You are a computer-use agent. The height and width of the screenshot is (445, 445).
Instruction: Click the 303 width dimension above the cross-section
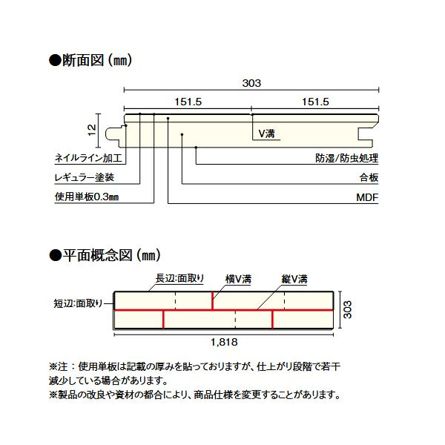[251, 83]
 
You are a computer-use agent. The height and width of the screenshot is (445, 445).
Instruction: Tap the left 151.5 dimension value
[188, 102]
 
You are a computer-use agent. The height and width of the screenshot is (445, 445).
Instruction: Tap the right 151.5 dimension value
[315, 102]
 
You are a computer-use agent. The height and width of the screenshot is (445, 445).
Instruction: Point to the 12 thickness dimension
[92, 131]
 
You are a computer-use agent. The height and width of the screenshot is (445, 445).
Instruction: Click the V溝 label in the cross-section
[266, 133]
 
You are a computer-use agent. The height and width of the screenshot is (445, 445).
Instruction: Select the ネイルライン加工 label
[88, 158]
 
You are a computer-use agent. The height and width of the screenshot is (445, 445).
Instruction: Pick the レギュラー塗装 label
[85, 178]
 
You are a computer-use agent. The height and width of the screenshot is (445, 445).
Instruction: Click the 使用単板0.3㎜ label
[87, 197]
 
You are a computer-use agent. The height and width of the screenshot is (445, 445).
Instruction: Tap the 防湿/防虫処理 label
[347, 158]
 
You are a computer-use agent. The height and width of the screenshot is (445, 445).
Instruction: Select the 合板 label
[369, 178]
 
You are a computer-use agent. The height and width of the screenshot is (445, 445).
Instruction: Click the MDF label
[367, 197]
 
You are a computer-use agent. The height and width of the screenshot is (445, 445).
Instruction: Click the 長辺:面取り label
[179, 278]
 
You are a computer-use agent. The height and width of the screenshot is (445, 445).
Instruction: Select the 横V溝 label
[238, 279]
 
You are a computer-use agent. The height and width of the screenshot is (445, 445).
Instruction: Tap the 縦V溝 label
[294, 279]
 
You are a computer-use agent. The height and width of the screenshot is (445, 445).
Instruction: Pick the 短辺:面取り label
[78, 303]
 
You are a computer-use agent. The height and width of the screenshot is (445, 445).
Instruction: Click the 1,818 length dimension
[224, 342]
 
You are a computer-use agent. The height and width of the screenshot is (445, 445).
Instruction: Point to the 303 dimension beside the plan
[347, 309]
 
